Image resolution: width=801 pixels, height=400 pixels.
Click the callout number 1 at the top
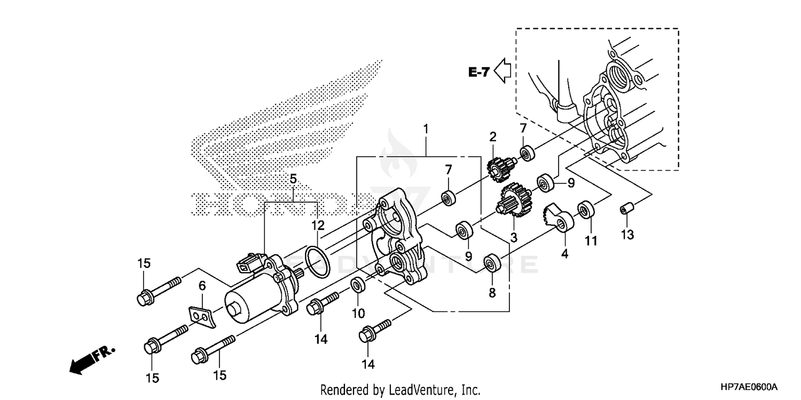point(426,129)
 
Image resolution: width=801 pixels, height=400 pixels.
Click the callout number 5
point(292,180)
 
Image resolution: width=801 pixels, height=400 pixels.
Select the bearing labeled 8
point(492,265)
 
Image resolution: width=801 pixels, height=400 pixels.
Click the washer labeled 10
point(358,285)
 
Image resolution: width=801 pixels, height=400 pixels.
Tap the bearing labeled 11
point(586,210)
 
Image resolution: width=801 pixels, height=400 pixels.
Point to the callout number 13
point(628,234)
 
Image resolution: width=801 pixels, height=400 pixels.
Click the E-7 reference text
point(478,71)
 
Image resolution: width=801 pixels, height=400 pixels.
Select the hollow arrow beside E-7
point(502,70)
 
